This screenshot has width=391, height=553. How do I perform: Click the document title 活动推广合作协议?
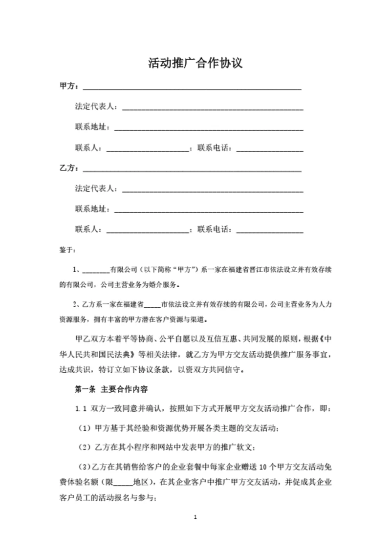(195, 63)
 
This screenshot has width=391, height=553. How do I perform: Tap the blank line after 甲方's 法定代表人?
(212, 107)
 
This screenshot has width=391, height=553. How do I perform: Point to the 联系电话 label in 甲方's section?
(215, 148)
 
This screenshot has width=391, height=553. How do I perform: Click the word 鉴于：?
(67, 251)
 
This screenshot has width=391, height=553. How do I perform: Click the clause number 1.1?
(81, 408)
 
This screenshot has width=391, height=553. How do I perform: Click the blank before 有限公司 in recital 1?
(96, 270)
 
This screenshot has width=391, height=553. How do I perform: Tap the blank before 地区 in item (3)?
(124, 483)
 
